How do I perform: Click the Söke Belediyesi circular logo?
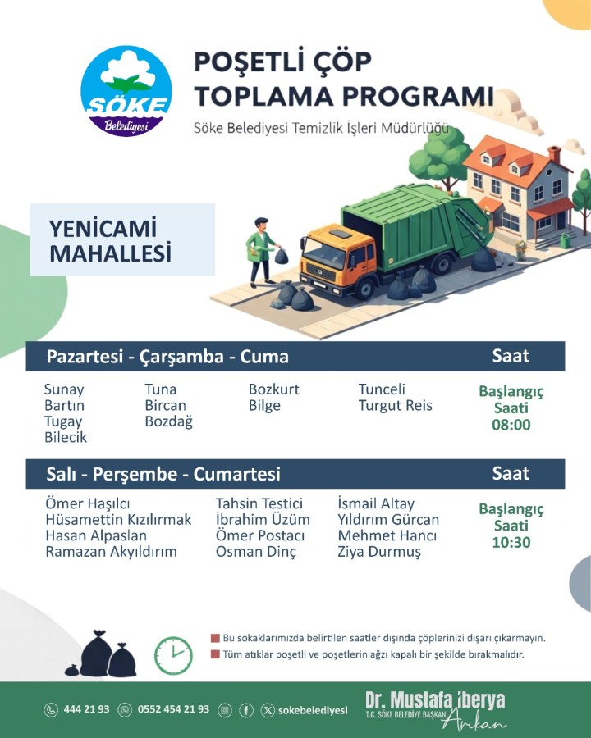(x=126, y=91)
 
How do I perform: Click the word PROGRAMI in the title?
(x=418, y=96)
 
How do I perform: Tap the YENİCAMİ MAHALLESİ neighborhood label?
(x=110, y=241)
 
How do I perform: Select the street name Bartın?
(x=64, y=405)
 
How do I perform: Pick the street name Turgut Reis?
(x=395, y=405)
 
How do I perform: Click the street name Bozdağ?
(x=169, y=421)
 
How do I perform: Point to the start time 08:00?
(x=511, y=425)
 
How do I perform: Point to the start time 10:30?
(x=511, y=542)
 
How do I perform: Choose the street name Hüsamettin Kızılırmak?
(x=118, y=520)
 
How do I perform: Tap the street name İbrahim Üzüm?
(x=263, y=520)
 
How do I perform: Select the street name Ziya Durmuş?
(x=379, y=552)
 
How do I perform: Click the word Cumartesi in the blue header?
(x=236, y=474)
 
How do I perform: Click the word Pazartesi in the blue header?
(x=85, y=357)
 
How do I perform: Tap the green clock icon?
(x=173, y=656)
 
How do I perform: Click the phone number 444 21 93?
(x=86, y=708)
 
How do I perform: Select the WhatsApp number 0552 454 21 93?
(x=173, y=708)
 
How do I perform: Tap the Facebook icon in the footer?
(x=246, y=710)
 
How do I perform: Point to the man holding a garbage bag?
(x=263, y=252)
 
